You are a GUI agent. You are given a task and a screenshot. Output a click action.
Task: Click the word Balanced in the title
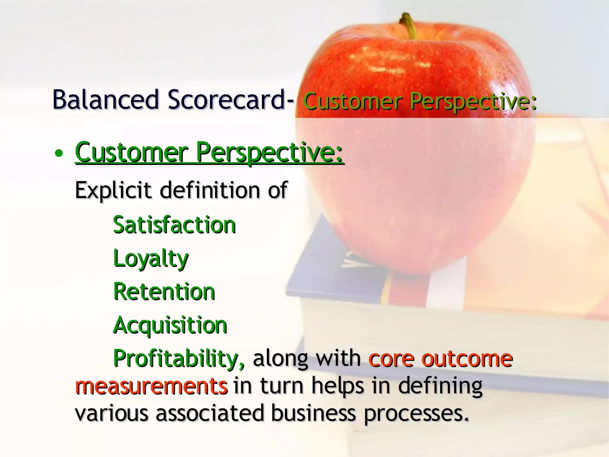(106, 100)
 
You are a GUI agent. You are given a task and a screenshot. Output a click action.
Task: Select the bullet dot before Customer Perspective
(59, 154)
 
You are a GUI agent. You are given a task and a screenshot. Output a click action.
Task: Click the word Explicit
(113, 190)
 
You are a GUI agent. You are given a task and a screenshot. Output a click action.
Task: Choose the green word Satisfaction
(175, 225)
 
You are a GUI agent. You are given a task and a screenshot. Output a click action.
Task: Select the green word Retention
(164, 292)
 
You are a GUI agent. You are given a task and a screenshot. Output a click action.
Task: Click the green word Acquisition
(170, 325)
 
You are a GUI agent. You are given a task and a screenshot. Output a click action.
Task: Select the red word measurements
(151, 386)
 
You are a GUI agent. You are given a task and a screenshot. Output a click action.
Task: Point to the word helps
(338, 386)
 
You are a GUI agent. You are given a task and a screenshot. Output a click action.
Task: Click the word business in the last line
(313, 414)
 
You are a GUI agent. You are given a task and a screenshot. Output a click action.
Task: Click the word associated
(210, 414)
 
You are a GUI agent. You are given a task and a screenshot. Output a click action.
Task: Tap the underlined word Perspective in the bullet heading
(269, 153)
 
